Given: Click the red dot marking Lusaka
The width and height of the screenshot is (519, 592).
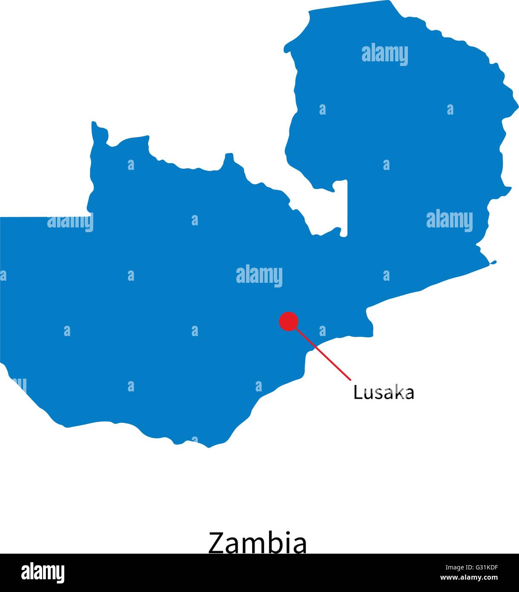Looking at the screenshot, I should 289,321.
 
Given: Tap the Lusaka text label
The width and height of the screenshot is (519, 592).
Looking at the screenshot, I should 384,393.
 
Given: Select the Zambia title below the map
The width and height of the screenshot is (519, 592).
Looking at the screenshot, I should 257,543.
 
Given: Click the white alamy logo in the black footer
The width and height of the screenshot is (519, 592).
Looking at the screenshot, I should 43,573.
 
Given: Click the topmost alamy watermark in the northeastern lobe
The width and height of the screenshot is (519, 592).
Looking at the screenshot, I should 384,55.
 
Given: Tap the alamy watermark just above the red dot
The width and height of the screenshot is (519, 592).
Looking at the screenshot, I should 259,275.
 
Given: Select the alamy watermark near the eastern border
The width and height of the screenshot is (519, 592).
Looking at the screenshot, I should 449,221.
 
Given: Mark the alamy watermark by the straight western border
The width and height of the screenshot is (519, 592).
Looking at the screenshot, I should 70,222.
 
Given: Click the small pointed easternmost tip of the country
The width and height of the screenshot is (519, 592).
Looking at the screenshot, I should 494,262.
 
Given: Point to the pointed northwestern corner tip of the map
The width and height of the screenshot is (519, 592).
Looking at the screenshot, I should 94,124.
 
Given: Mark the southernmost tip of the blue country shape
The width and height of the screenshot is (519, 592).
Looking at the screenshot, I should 208,447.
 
